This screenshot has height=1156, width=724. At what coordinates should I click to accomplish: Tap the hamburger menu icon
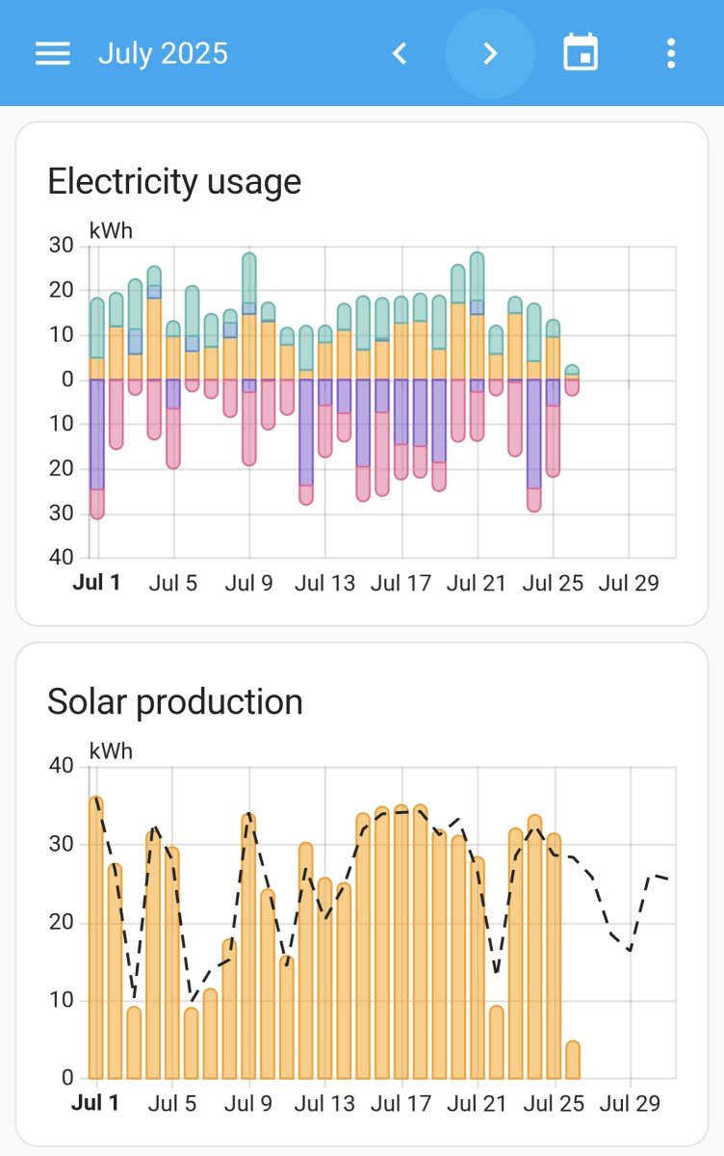pos(53,53)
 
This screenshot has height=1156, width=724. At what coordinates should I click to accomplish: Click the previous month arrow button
pos(400,53)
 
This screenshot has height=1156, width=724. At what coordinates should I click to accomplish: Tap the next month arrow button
pos(490,53)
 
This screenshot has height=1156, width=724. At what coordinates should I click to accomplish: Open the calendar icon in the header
pos(581,53)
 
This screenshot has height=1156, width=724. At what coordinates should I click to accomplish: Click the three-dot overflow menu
pos(671,53)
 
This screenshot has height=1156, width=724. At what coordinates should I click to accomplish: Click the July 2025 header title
pos(163,53)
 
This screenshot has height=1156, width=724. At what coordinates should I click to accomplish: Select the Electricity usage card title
pos(174,181)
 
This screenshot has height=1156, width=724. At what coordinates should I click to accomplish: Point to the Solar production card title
pos(175,701)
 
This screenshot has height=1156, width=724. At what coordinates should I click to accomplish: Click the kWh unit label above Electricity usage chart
pos(111,230)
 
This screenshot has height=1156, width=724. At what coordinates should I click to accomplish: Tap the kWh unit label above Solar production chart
pos(111,750)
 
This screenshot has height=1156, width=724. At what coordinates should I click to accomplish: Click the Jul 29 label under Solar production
pos(630,1103)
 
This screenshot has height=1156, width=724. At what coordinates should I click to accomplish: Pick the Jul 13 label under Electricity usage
pos(324,583)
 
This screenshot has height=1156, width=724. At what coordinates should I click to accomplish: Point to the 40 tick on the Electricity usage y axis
pos(61,557)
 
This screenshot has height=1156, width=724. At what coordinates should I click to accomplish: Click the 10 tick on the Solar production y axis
pos(61,1000)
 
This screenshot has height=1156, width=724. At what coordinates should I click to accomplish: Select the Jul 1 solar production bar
pos(96,939)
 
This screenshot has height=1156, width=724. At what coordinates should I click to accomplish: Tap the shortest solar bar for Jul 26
pos(573,1060)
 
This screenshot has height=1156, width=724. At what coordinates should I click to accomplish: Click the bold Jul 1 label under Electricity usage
pos(96,583)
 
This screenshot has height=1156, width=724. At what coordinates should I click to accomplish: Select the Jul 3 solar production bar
pos(134,1042)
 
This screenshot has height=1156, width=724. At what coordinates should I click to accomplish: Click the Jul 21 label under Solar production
pos(477,1103)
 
